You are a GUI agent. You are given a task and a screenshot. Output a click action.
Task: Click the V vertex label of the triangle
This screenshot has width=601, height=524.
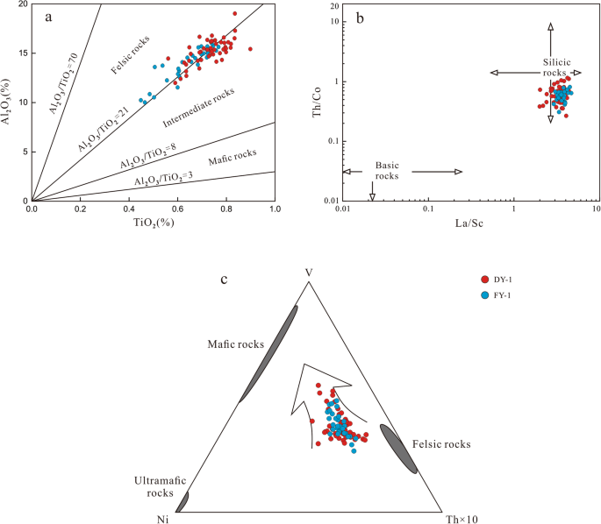pos(309,273)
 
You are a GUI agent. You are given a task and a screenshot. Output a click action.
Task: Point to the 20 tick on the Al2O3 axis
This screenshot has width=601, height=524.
pos(21,4)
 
